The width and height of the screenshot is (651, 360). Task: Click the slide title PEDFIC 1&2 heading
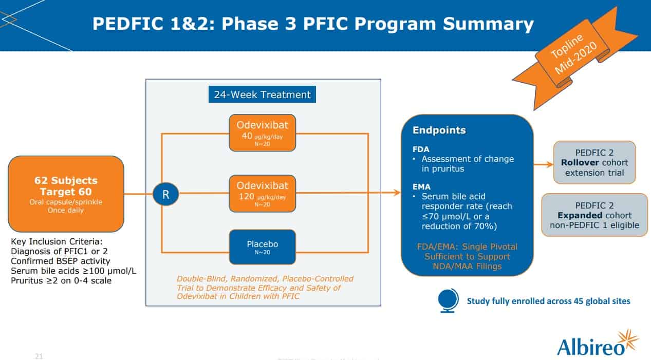(313, 24)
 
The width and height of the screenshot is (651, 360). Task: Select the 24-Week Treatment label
(262, 94)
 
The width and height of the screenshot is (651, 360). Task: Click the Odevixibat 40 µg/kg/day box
(262, 132)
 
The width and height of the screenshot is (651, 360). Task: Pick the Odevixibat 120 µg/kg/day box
(262, 193)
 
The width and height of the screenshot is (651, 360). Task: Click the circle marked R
(165, 194)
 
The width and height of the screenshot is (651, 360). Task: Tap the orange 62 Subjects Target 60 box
(66, 194)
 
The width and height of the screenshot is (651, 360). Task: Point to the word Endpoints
(439, 130)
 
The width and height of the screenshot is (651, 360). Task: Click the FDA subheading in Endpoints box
(417, 149)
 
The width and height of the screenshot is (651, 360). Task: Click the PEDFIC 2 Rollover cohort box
(594, 162)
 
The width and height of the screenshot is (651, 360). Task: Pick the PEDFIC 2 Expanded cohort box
(594, 215)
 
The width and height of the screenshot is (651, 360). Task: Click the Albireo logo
(597, 344)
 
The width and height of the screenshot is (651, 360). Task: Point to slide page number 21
(39, 355)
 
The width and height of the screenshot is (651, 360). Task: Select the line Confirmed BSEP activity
(60, 261)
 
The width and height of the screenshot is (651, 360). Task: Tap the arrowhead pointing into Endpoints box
(397, 193)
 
